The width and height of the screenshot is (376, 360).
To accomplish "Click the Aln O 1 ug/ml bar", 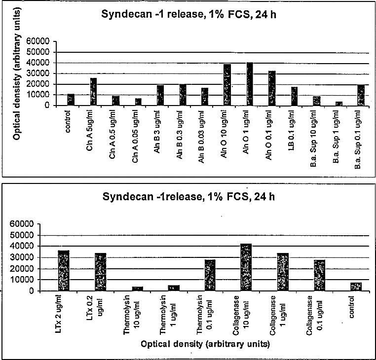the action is [x=250, y=84].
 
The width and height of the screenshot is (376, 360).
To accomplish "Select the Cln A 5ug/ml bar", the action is [x=93, y=92].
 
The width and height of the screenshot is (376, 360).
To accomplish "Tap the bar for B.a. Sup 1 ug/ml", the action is [x=339, y=104].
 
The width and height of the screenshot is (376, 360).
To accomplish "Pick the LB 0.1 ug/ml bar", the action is [x=294, y=96].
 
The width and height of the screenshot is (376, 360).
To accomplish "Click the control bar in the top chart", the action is [x=71, y=100].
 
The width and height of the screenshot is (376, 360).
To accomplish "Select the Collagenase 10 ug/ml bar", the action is [x=246, y=267].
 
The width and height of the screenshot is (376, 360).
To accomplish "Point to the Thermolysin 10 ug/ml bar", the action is [x=137, y=289].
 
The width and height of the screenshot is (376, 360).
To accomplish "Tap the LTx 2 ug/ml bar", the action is [x=64, y=271].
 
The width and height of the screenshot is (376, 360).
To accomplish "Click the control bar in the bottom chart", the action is [x=356, y=287].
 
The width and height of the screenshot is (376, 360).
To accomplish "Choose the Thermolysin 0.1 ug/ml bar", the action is [x=210, y=275].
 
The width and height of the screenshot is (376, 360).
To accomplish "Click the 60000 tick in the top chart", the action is [x=38, y=41].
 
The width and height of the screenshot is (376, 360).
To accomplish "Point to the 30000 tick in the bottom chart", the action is [x=22, y=257].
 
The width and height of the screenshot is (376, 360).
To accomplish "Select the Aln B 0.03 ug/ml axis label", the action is [x=201, y=137].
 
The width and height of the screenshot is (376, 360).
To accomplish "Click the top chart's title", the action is [x=188, y=14].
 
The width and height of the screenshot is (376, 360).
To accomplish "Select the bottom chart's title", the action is [x=188, y=197].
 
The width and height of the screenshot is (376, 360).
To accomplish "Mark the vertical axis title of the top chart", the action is [x=17, y=74].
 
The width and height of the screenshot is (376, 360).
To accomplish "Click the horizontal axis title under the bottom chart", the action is [x=205, y=344].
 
